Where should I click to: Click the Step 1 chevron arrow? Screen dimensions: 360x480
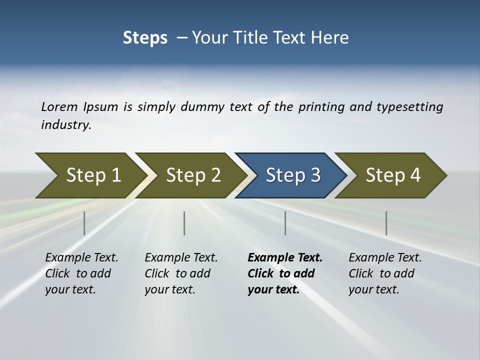90,175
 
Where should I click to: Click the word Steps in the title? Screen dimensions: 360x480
145,38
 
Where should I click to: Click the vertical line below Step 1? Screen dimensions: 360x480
84,223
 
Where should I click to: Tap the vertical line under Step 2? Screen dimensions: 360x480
184,223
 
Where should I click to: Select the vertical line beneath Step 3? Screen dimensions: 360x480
285,223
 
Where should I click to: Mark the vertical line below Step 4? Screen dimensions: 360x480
386,223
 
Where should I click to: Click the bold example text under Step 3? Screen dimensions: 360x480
284,273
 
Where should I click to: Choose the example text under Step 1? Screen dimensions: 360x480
81,273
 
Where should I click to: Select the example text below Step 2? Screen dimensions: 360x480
180,273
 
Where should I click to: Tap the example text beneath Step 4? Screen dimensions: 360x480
384,273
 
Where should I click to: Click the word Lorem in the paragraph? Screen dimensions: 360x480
59,107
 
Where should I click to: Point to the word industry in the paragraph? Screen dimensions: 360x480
66,125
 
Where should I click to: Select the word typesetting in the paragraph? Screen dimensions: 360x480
409,107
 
